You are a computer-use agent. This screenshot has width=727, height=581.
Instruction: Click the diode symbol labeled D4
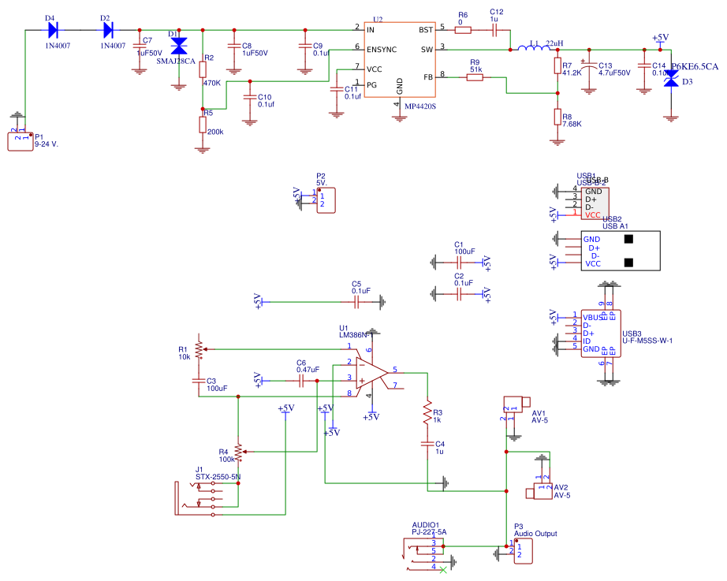point(54,30)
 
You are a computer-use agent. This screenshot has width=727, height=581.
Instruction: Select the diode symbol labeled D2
point(108,30)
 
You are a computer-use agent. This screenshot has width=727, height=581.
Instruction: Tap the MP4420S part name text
point(420,105)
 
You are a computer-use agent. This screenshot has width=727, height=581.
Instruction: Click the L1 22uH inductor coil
point(534,50)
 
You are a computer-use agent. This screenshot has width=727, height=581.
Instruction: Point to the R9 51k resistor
point(475,76)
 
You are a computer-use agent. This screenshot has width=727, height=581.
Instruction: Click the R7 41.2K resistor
point(557,66)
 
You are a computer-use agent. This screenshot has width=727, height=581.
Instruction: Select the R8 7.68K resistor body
point(557,118)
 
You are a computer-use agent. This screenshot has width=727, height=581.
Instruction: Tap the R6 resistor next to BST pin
point(463,30)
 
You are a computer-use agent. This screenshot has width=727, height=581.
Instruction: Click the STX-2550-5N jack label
point(218,477)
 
